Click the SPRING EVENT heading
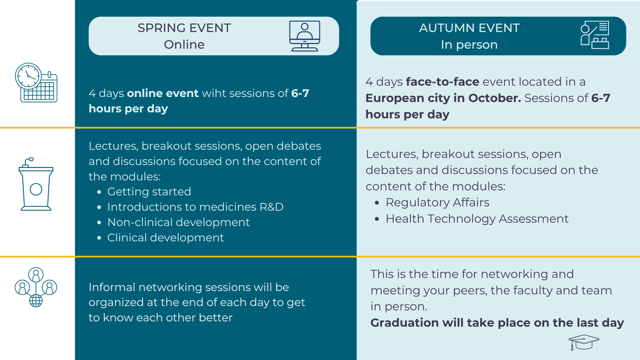(184, 28)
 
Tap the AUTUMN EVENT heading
(469, 28)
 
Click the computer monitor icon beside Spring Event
(304, 36)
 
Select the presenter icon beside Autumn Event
(594, 35)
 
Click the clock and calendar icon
(36, 83)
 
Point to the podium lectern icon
(36, 184)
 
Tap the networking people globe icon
(36, 287)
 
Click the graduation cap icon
(584, 342)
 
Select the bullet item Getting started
(149, 192)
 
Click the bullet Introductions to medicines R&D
(195, 207)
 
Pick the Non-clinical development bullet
(178, 222)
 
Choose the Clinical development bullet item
(166, 238)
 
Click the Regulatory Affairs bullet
(437, 203)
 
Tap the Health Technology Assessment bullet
(477, 219)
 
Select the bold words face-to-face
(442, 82)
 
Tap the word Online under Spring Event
(184, 45)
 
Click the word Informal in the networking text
(112, 287)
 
